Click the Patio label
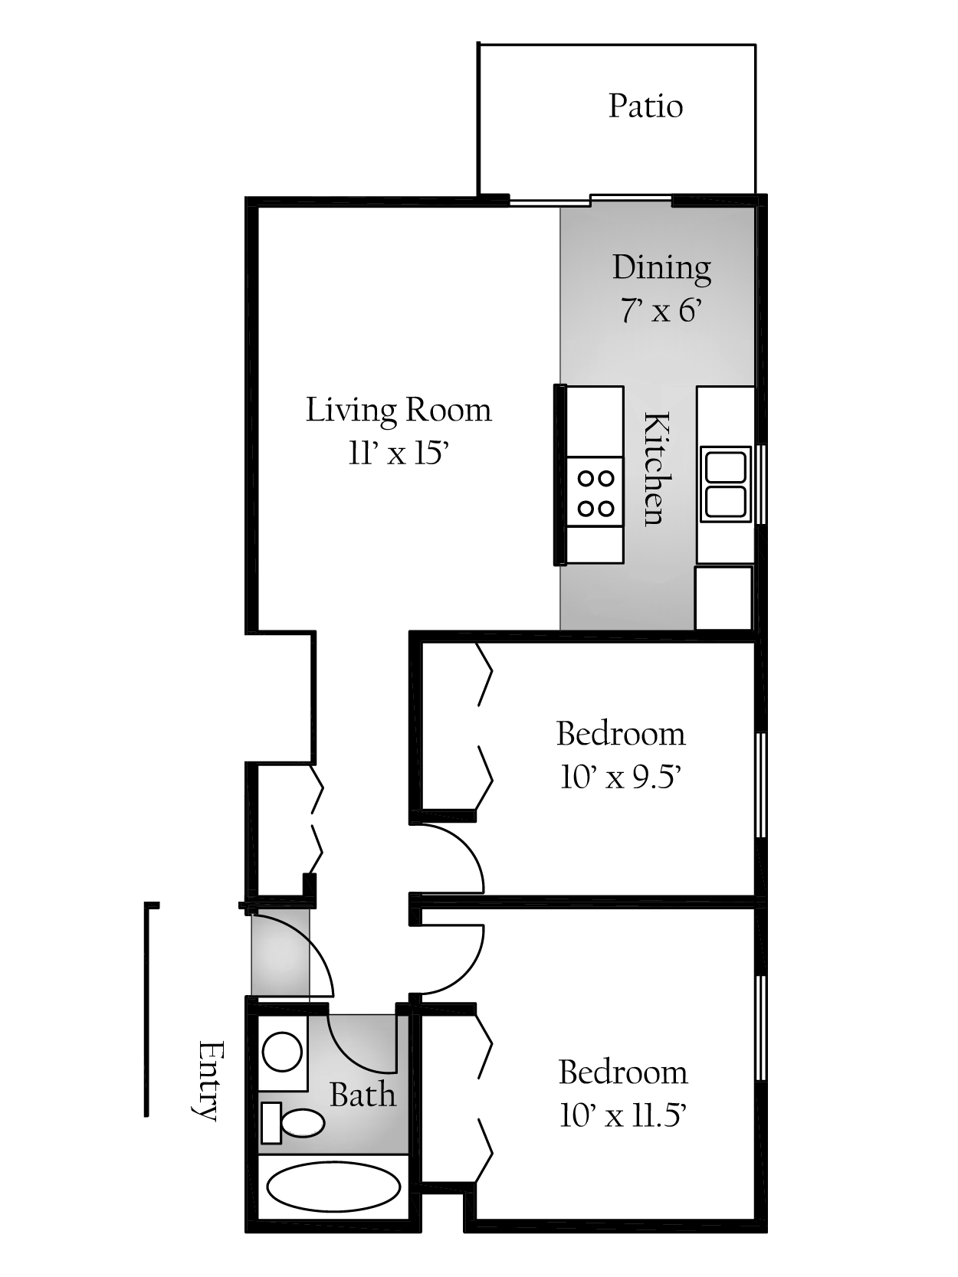click(645, 106)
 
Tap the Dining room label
click(661, 268)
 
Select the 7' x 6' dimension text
click(661, 311)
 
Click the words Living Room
click(399, 410)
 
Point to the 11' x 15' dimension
click(398, 453)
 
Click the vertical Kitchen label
click(656, 468)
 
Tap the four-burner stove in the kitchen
click(595, 493)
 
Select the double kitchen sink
click(725, 484)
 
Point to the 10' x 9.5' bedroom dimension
click(621, 778)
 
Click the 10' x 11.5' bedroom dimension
click(622, 1116)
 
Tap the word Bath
click(363, 1095)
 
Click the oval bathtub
click(333, 1187)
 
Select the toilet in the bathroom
click(295, 1123)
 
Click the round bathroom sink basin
click(282, 1051)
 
